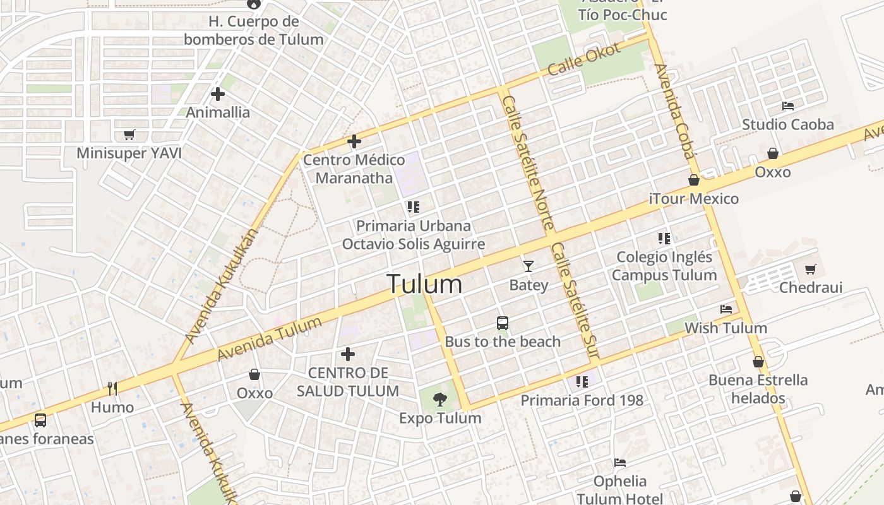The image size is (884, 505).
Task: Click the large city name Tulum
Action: pyautogui.click(x=424, y=284)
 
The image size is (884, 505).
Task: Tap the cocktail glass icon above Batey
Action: pyautogui.click(x=529, y=266)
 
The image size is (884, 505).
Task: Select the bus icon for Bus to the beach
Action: pyautogui.click(x=503, y=323)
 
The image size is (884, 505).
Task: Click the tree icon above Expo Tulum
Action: pyautogui.click(x=440, y=399)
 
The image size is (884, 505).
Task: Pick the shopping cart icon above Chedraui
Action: pyautogui.click(x=811, y=270)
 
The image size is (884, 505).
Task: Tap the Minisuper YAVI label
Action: pyautogui.click(x=129, y=153)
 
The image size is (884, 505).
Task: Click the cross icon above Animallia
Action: pyautogui.click(x=218, y=95)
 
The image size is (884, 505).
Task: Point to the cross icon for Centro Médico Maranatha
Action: pyautogui.click(x=354, y=141)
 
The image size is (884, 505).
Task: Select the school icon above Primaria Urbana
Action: pyautogui.click(x=414, y=207)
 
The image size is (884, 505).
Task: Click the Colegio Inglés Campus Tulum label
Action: pyautogui.click(x=664, y=266)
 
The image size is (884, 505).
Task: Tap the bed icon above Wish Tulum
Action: pyautogui.click(x=726, y=309)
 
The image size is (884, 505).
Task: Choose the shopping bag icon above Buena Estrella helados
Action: pyautogui.click(x=758, y=362)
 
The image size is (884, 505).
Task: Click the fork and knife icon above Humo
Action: pyautogui.click(x=112, y=388)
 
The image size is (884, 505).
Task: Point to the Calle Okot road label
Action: pyautogui.click(x=584, y=59)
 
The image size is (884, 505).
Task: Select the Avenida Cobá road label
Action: pyautogui.click(x=674, y=111)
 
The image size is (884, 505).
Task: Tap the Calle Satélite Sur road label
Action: pyautogui.click(x=574, y=302)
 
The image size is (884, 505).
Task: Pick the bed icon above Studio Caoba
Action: pyautogui.click(x=787, y=105)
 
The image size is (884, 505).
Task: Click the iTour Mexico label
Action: pyautogui.click(x=693, y=199)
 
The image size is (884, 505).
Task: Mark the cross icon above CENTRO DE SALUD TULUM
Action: pyautogui.click(x=347, y=354)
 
